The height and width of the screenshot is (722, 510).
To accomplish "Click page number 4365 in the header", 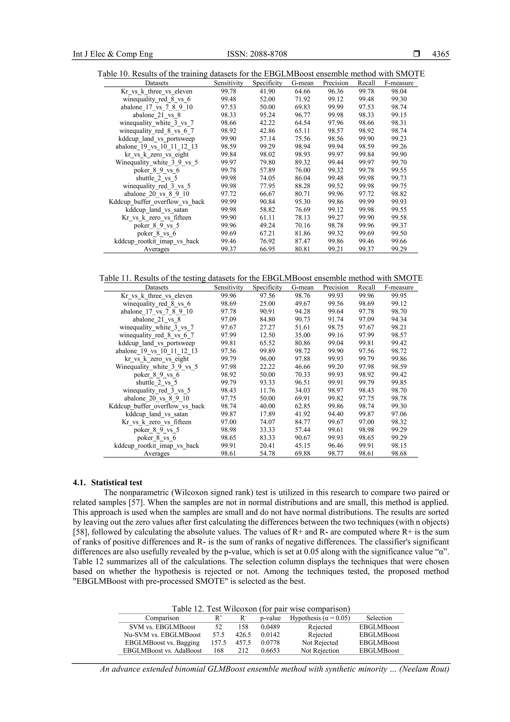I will (440, 54).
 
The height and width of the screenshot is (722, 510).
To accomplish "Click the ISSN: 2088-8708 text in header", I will (257, 54).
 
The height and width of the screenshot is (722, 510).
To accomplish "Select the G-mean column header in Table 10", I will (302, 83).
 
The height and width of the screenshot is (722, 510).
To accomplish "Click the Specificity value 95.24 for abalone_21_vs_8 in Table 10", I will (267, 115).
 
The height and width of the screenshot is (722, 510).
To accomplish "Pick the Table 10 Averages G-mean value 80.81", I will (302, 249).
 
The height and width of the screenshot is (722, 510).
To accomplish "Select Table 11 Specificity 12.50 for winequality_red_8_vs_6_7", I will (267, 335).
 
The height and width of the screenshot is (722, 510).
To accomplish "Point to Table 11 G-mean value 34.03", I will (302, 391).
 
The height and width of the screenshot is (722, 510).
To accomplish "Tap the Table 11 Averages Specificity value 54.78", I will (267, 453).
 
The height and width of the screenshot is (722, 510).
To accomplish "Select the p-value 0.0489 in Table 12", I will (270, 627).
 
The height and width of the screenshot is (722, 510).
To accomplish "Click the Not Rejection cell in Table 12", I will (320, 651).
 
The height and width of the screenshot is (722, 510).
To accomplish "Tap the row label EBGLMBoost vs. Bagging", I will (162, 643).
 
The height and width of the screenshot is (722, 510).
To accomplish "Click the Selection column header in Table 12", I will (379, 618).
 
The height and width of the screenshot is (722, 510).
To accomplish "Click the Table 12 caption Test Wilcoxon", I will (261, 609).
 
